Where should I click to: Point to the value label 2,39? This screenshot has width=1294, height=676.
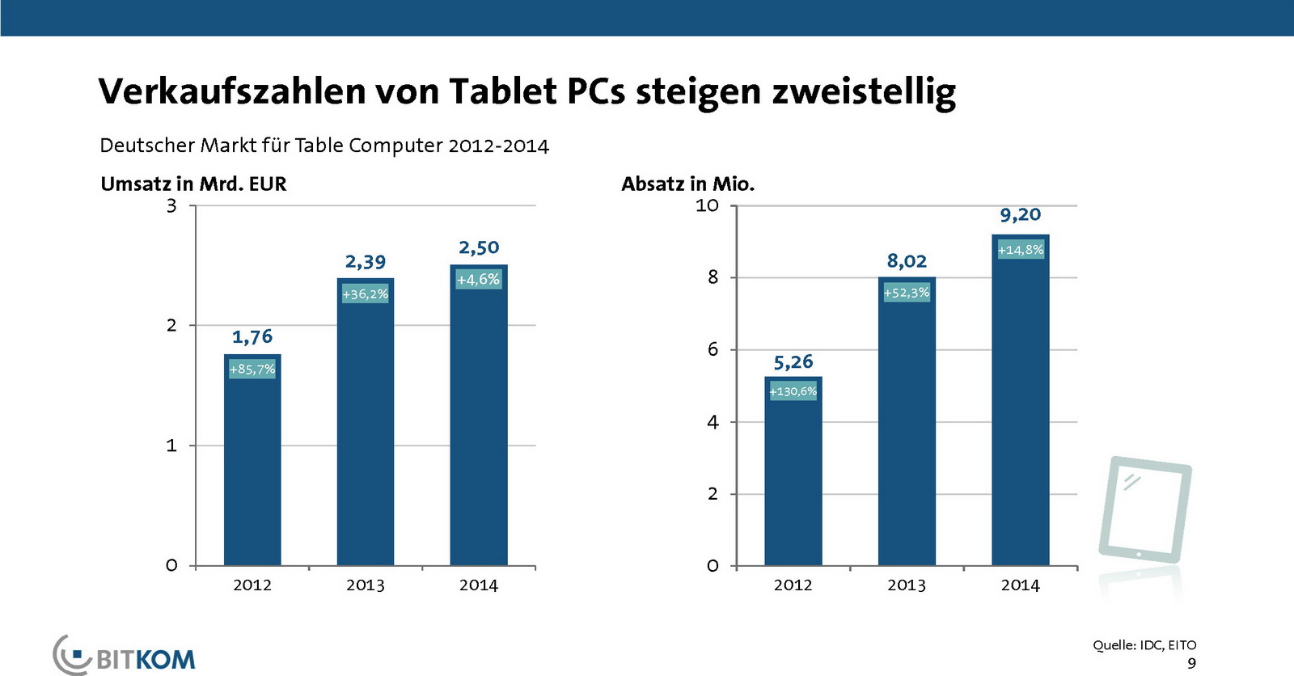tap(366, 262)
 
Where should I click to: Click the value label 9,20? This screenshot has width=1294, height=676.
tap(1020, 215)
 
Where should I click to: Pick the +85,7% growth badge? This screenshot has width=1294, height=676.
tap(252, 370)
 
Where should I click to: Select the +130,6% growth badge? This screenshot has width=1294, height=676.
tap(793, 391)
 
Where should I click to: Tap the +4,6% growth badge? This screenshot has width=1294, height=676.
tap(479, 280)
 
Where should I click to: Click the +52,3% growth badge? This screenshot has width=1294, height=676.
tap(907, 293)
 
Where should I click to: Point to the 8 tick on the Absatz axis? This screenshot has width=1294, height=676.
tap(713, 277)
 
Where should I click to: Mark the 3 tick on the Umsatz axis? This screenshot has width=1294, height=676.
tap(171, 206)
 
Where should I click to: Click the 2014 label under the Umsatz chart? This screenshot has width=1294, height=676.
tap(479, 585)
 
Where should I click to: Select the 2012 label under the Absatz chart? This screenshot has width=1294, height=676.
tap(793, 585)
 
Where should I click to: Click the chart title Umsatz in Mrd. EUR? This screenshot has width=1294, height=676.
tap(193, 184)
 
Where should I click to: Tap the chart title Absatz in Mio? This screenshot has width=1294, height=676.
tap(687, 184)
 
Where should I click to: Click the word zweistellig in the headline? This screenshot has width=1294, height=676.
tap(864, 91)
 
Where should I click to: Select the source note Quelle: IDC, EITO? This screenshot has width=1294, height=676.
tap(1144, 645)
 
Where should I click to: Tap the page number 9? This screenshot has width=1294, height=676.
tap(1191, 663)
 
